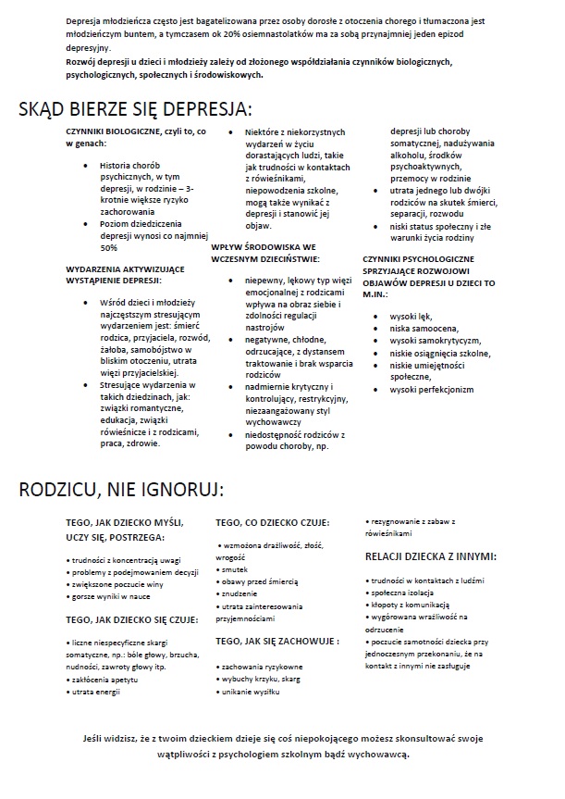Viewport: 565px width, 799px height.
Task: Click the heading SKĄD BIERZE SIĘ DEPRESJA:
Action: (x=135, y=111)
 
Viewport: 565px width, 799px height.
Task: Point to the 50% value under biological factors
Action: (x=109, y=248)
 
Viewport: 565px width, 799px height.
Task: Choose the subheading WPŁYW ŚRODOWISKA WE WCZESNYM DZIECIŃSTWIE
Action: (x=264, y=254)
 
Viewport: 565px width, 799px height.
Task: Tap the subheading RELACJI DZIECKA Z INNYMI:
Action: (x=431, y=557)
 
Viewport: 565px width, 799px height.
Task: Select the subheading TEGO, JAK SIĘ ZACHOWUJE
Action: (x=276, y=640)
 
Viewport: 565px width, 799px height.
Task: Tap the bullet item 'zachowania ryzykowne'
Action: (x=262, y=667)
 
